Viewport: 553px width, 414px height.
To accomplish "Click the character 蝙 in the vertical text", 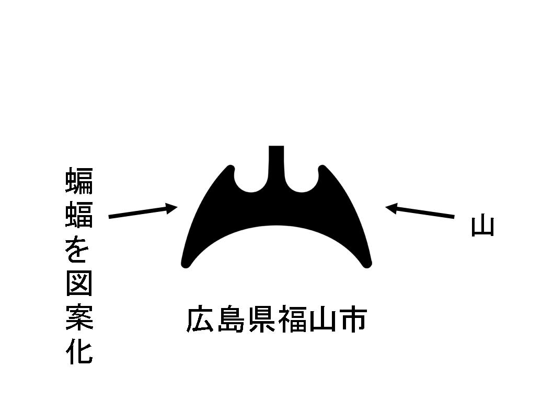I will [79, 181].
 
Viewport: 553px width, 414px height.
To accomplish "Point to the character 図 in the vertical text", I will [79, 285].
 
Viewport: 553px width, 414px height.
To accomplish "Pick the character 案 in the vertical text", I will [79, 318].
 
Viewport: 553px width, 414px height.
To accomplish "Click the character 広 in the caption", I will [201, 320].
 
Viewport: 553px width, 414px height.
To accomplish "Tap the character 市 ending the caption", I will [351, 320].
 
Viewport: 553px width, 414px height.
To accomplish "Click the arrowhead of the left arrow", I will [173, 208].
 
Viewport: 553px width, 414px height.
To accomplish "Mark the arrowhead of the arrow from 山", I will [390, 208].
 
